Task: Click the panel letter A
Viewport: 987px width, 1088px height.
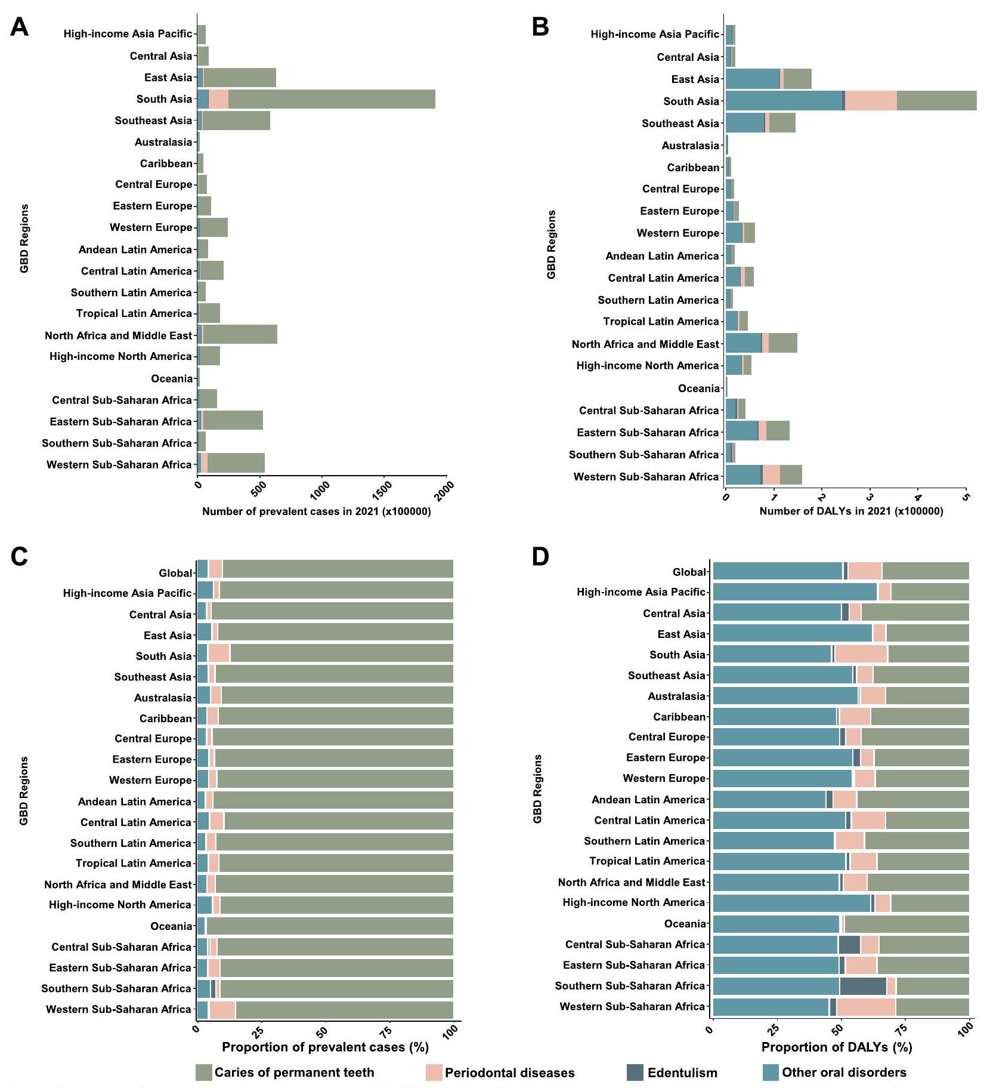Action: click(19, 27)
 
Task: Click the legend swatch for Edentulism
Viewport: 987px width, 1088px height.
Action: click(635, 1072)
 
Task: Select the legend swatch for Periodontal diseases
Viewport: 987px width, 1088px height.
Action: click(434, 1072)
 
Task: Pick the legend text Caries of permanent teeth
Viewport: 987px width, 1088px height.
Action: click(294, 1072)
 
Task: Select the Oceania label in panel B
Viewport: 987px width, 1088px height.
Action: click(698, 389)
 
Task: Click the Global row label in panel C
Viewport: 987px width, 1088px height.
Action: click(175, 573)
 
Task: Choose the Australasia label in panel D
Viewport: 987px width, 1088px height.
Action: click(676, 696)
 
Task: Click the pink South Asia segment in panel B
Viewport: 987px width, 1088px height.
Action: click(871, 101)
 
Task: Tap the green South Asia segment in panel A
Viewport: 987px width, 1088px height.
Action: click(331, 99)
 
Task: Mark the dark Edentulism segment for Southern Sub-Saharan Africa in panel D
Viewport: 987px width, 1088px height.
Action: click(862, 986)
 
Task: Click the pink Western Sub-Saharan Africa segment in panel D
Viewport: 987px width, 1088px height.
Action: click(866, 1007)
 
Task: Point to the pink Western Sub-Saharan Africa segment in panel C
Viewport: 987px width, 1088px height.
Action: click(222, 1010)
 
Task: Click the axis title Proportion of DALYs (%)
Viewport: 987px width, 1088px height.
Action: click(836, 1047)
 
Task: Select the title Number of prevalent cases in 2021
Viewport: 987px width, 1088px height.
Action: click(316, 511)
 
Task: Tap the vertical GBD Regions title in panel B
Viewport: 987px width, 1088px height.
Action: click(551, 244)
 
